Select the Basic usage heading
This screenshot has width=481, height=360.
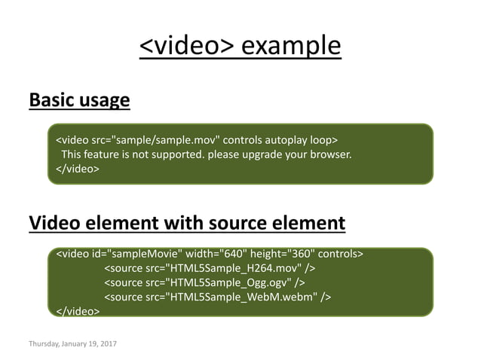(x=79, y=100)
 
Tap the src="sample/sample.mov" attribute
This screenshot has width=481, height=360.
(x=156, y=140)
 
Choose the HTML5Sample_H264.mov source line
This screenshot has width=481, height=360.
(x=209, y=268)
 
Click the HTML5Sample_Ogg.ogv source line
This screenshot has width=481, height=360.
(x=204, y=282)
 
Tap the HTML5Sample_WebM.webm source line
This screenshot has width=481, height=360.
(x=216, y=297)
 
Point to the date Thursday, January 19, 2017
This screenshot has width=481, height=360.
(x=78, y=344)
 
